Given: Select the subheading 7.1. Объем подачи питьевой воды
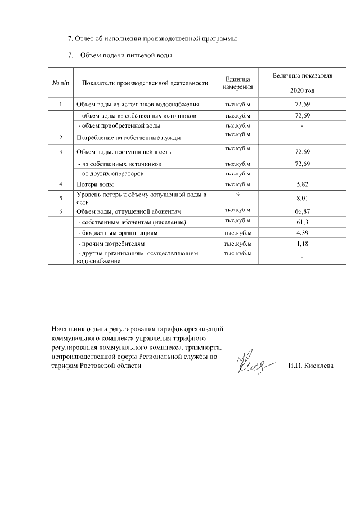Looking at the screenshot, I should tap(120, 55).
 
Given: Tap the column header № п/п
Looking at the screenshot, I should tap(60, 83).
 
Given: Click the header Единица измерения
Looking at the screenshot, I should tap(237, 83).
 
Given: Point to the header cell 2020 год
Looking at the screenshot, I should tap(302, 91).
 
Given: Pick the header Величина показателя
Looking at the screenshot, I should tap(302, 75).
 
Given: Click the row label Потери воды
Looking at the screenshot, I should tap(96, 184).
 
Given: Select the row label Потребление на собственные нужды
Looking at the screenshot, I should tap(128, 137).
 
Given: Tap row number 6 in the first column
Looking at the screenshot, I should tap(60, 211).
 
